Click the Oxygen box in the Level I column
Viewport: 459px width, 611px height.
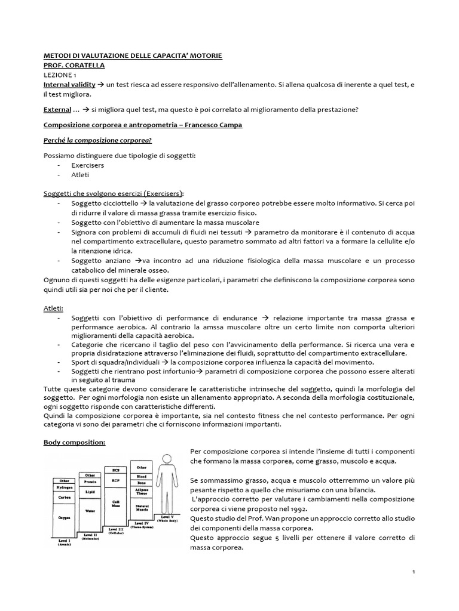[x=64, y=519]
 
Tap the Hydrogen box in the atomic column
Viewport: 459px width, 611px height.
[x=64, y=487]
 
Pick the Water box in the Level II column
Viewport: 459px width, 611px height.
[x=90, y=511]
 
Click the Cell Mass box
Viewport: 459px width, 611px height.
[x=117, y=502]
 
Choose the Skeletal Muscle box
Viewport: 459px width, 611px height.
[x=142, y=508]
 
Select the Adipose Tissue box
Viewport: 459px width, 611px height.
[x=142, y=493]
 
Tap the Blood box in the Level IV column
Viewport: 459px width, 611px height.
[x=142, y=477]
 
